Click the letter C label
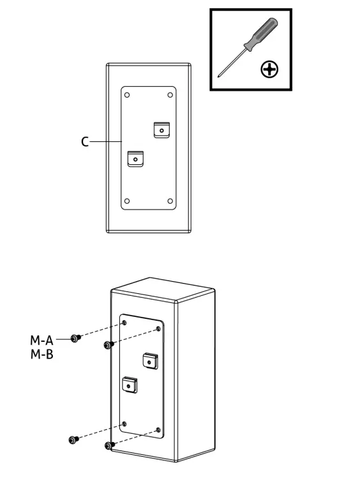point(85,142)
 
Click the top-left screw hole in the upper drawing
point(127,95)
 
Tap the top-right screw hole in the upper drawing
point(170,95)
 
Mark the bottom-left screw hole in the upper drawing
point(127,201)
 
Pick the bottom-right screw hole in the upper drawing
point(170,201)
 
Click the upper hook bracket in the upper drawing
point(162,130)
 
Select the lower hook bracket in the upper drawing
point(135,158)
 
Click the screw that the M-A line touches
point(76,339)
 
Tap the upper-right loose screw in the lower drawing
point(109,345)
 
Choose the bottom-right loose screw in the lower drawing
point(109,445)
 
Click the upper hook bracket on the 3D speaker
point(150,362)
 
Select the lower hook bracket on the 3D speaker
point(130,385)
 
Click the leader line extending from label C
point(106,141)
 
